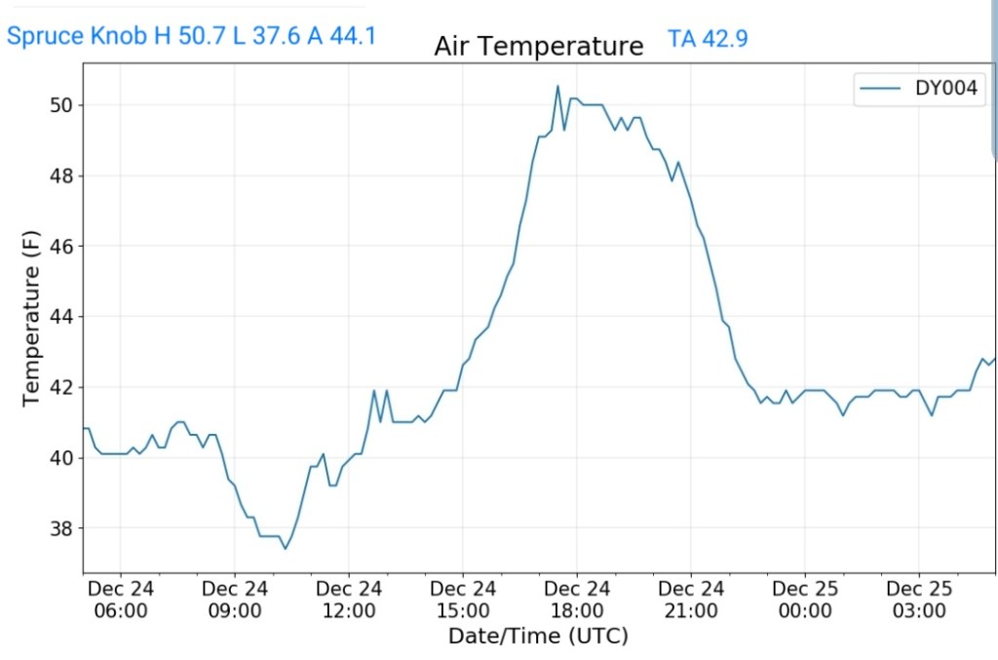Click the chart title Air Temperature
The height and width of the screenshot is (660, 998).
538,46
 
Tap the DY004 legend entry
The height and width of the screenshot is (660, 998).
922,89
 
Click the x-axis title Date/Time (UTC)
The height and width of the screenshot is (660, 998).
538,637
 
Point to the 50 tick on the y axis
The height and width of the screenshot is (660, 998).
61,105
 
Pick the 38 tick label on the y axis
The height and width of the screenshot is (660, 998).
61,528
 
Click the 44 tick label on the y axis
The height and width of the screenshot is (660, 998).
61,317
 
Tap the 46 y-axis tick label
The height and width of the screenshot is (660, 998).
61,247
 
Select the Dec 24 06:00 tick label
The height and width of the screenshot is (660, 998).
121,600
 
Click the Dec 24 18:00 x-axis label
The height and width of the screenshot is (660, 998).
577,600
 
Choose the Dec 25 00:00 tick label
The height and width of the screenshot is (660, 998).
805,600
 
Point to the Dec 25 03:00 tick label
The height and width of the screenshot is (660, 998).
919,600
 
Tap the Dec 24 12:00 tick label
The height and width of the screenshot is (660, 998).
349,600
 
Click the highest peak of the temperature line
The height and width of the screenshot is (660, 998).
557,86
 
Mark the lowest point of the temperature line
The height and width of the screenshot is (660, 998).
286,548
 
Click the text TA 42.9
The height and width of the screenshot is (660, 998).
708,39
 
